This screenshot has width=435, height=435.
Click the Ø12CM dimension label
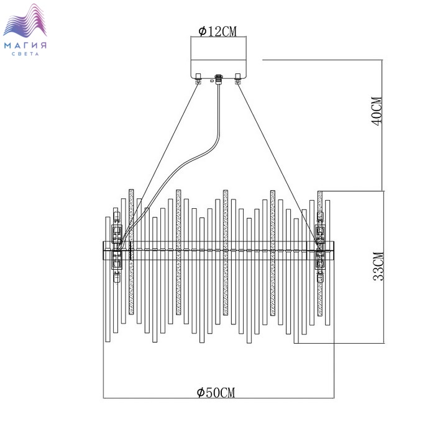point(217,32)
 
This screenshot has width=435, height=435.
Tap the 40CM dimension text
point(377,111)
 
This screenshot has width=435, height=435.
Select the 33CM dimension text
point(378,267)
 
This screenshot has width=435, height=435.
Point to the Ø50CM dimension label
point(216,393)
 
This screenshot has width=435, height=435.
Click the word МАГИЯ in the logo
point(25,45)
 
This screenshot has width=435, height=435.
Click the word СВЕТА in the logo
point(25,54)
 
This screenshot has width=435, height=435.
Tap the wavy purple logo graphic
point(25,21)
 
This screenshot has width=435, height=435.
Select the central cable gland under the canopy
point(219,79)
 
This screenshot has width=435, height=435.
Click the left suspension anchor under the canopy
point(198,78)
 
